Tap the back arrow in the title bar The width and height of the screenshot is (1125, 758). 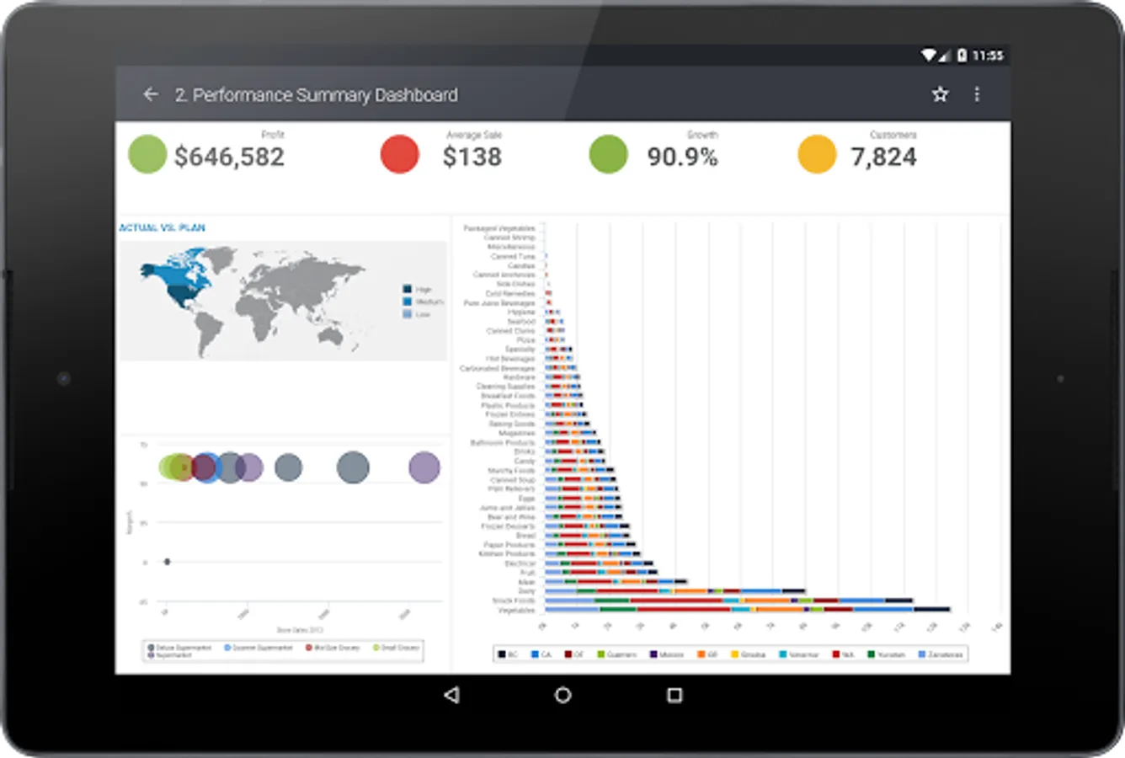click(x=151, y=94)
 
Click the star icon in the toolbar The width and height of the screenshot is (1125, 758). click(x=940, y=94)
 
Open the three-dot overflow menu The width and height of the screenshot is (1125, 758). click(x=977, y=94)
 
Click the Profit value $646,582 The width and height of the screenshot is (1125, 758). click(x=229, y=157)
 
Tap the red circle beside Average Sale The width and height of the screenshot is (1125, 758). click(x=400, y=155)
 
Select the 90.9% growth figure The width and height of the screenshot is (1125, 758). click(x=682, y=157)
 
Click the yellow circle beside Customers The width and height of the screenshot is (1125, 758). click(x=817, y=155)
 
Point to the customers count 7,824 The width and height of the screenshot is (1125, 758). click(x=883, y=157)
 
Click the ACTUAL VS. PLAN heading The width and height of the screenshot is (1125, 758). click(x=162, y=227)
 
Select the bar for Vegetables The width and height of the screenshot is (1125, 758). click(x=748, y=609)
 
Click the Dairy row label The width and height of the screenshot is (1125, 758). click(x=526, y=591)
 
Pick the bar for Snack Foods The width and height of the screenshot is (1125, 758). click(x=729, y=601)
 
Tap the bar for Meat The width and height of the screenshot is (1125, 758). click(x=616, y=581)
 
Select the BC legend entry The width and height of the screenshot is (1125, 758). click(x=507, y=654)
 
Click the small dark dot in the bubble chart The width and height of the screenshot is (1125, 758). click(x=167, y=562)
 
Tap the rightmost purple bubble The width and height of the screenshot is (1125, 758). click(x=424, y=467)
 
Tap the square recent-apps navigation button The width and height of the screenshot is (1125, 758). click(x=674, y=695)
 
